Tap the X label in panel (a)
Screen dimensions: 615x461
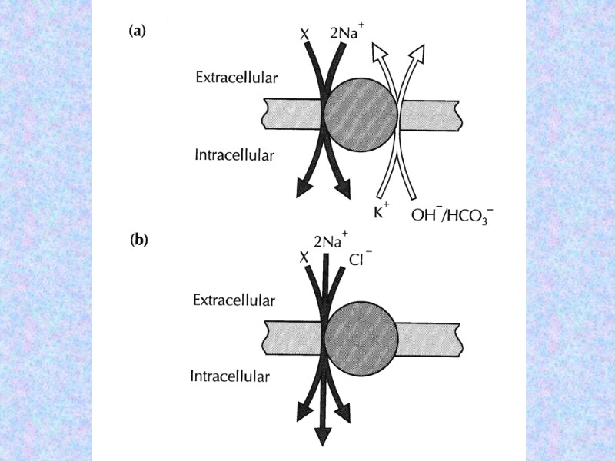305,35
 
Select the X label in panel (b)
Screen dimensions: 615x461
303,258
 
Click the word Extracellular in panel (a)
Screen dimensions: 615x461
236,78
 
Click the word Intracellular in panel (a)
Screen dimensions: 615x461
234,155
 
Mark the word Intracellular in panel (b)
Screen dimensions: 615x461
230,376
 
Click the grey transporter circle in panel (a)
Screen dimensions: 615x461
361,115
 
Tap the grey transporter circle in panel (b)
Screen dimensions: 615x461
361,337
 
